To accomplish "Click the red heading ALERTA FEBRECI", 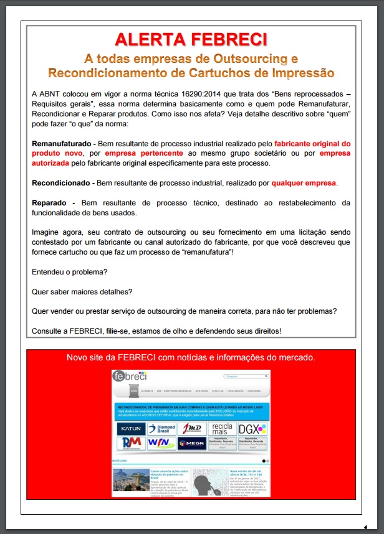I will click(191, 39).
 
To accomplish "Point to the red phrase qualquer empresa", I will click(304, 183).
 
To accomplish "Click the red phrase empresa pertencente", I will click(143, 153).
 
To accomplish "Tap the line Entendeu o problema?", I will click(69, 273).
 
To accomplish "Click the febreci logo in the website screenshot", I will click(129, 377).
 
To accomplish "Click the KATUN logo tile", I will click(131, 429).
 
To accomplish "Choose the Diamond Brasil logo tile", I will click(161, 429).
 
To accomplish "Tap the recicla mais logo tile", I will click(222, 429).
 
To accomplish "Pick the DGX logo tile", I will click(252, 429).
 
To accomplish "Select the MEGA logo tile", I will click(191, 443).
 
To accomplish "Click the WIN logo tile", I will click(161, 443).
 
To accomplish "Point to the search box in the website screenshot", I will click(244, 377).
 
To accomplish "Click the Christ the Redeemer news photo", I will click(130, 480).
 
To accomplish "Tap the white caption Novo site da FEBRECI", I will click(191, 357).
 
